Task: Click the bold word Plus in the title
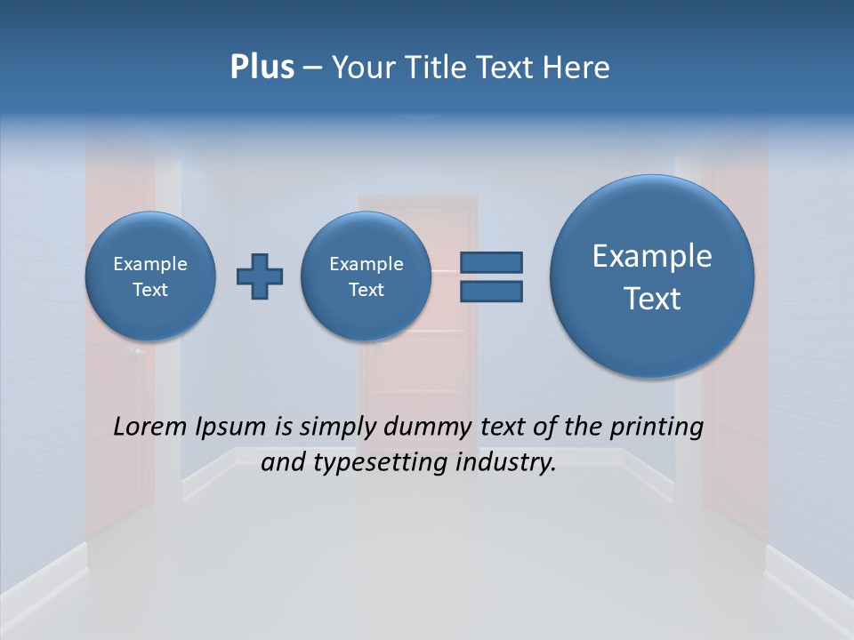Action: [262, 68]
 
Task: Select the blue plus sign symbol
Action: [260, 276]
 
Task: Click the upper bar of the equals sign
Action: [490, 262]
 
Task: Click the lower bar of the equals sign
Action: [490, 291]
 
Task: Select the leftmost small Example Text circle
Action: [150, 276]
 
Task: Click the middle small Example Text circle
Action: [366, 276]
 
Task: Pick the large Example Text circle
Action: [652, 276]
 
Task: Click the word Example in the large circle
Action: [652, 256]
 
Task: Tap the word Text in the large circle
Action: [652, 299]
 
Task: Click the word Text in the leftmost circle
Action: [150, 290]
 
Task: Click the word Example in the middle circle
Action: [366, 264]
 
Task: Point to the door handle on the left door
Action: [136, 352]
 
